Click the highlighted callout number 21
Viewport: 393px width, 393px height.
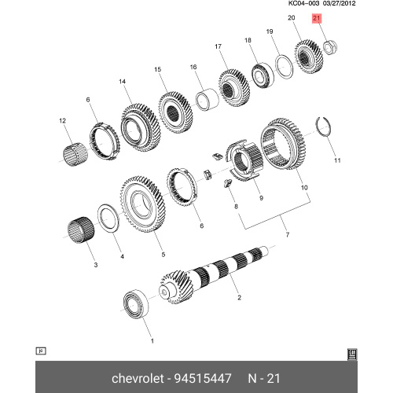point(317,18)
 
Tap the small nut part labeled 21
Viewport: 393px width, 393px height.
point(330,47)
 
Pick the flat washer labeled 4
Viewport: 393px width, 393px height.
point(108,218)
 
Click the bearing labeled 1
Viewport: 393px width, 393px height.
point(136,304)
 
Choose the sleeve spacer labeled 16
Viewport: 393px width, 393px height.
point(208,100)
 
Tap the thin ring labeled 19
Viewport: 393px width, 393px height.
point(284,66)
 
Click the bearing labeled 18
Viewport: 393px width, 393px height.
point(263,75)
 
